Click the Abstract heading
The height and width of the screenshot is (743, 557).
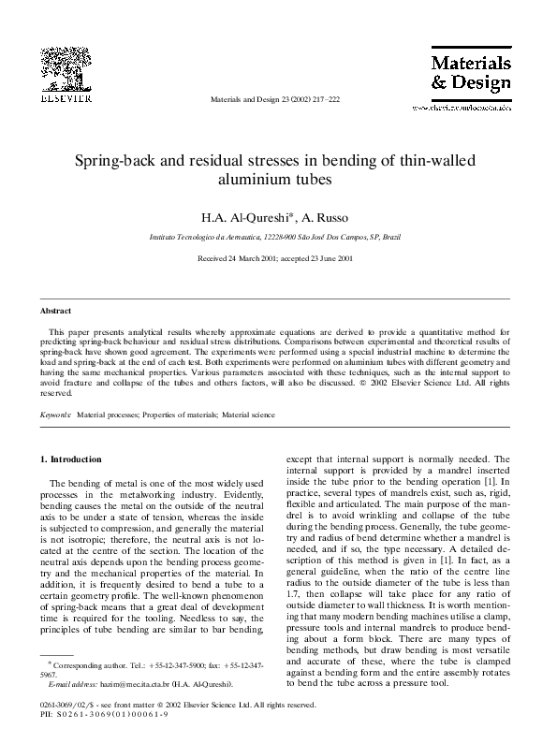coord(56,310)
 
